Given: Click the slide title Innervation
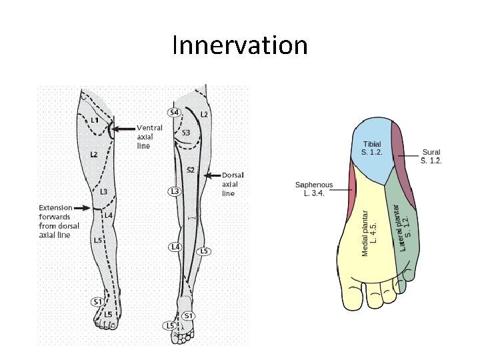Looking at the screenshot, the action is (240, 46).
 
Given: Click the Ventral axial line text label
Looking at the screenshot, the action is (148, 136).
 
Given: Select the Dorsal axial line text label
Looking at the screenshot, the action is (229, 184).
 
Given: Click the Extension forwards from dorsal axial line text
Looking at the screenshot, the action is (59, 221).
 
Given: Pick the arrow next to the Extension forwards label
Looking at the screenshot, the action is (83, 208).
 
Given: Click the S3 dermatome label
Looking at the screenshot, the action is (186, 132).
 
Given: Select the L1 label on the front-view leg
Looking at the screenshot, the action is (95, 120).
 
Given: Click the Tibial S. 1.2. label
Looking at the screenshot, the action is (372, 148).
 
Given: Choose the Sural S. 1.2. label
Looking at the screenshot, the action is (431, 156).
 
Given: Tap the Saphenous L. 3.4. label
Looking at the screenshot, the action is (314, 189).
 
